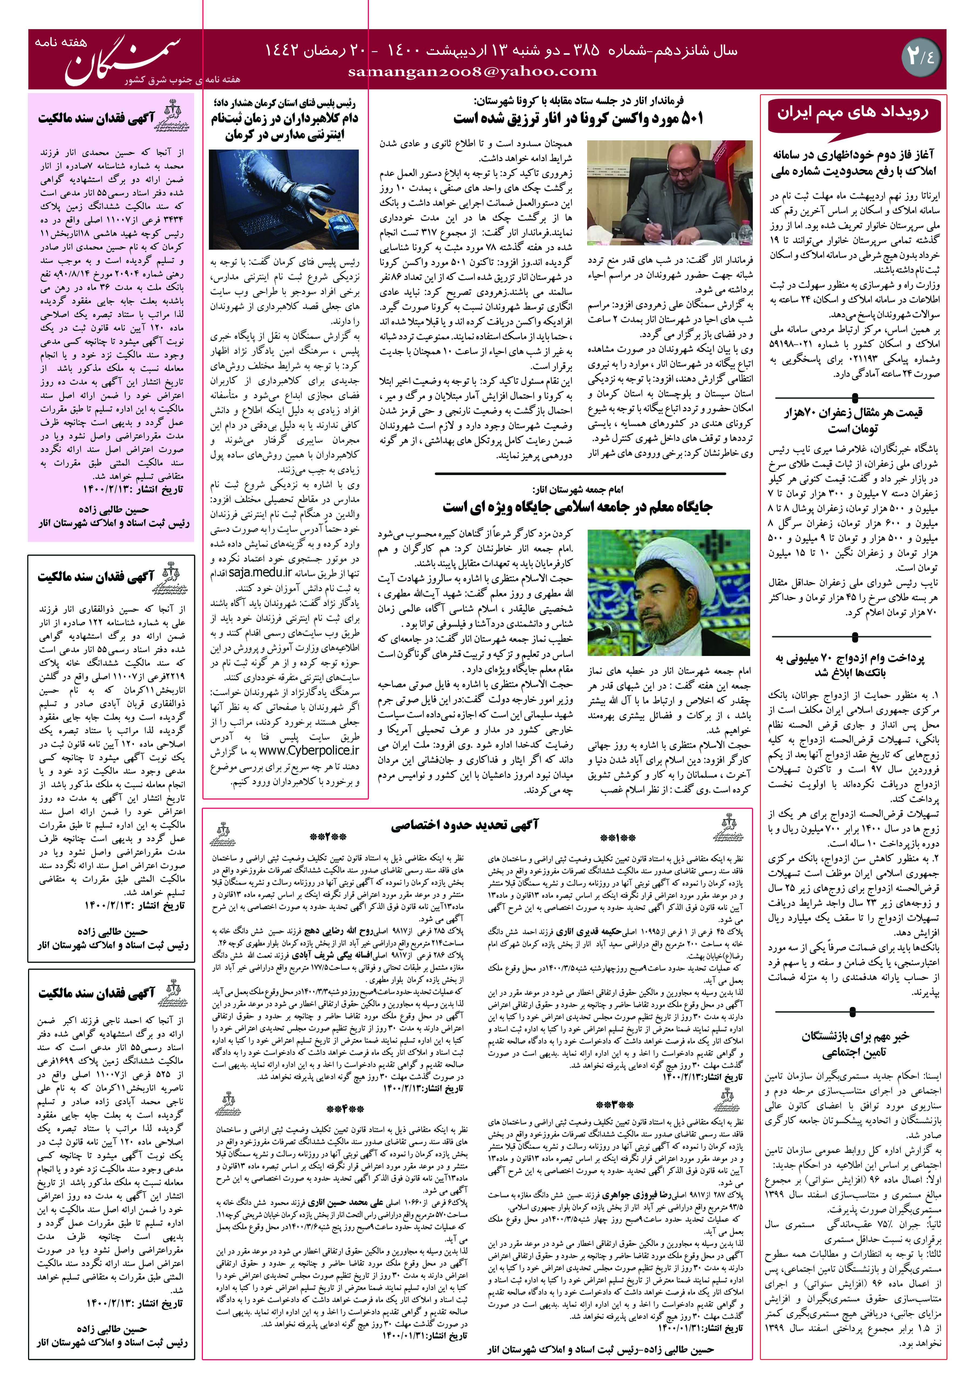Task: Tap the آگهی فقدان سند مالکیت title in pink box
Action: (97, 118)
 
